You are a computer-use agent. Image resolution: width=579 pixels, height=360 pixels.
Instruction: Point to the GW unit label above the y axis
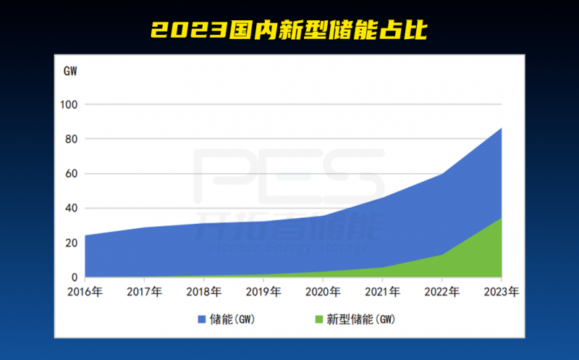click(x=70, y=71)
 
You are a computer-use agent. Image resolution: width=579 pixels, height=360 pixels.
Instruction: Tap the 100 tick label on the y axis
click(x=69, y=104)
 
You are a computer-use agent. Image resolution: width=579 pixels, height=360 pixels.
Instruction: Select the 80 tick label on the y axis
click(x=71, y=139)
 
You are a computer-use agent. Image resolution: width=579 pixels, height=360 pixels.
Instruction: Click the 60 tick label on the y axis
click(x=71, y=174)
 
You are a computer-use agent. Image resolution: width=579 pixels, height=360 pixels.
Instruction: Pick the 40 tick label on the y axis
click(x=71, y=209)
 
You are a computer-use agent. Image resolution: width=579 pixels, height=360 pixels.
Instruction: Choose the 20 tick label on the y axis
click(x=71, y=243)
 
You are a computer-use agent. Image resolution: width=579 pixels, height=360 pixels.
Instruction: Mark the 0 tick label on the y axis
click(x=74, y=277)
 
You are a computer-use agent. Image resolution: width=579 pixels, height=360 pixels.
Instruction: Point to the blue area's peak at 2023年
click(x=501, y=129)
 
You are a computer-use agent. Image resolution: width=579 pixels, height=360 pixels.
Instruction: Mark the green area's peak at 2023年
click(x=501, y=218)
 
